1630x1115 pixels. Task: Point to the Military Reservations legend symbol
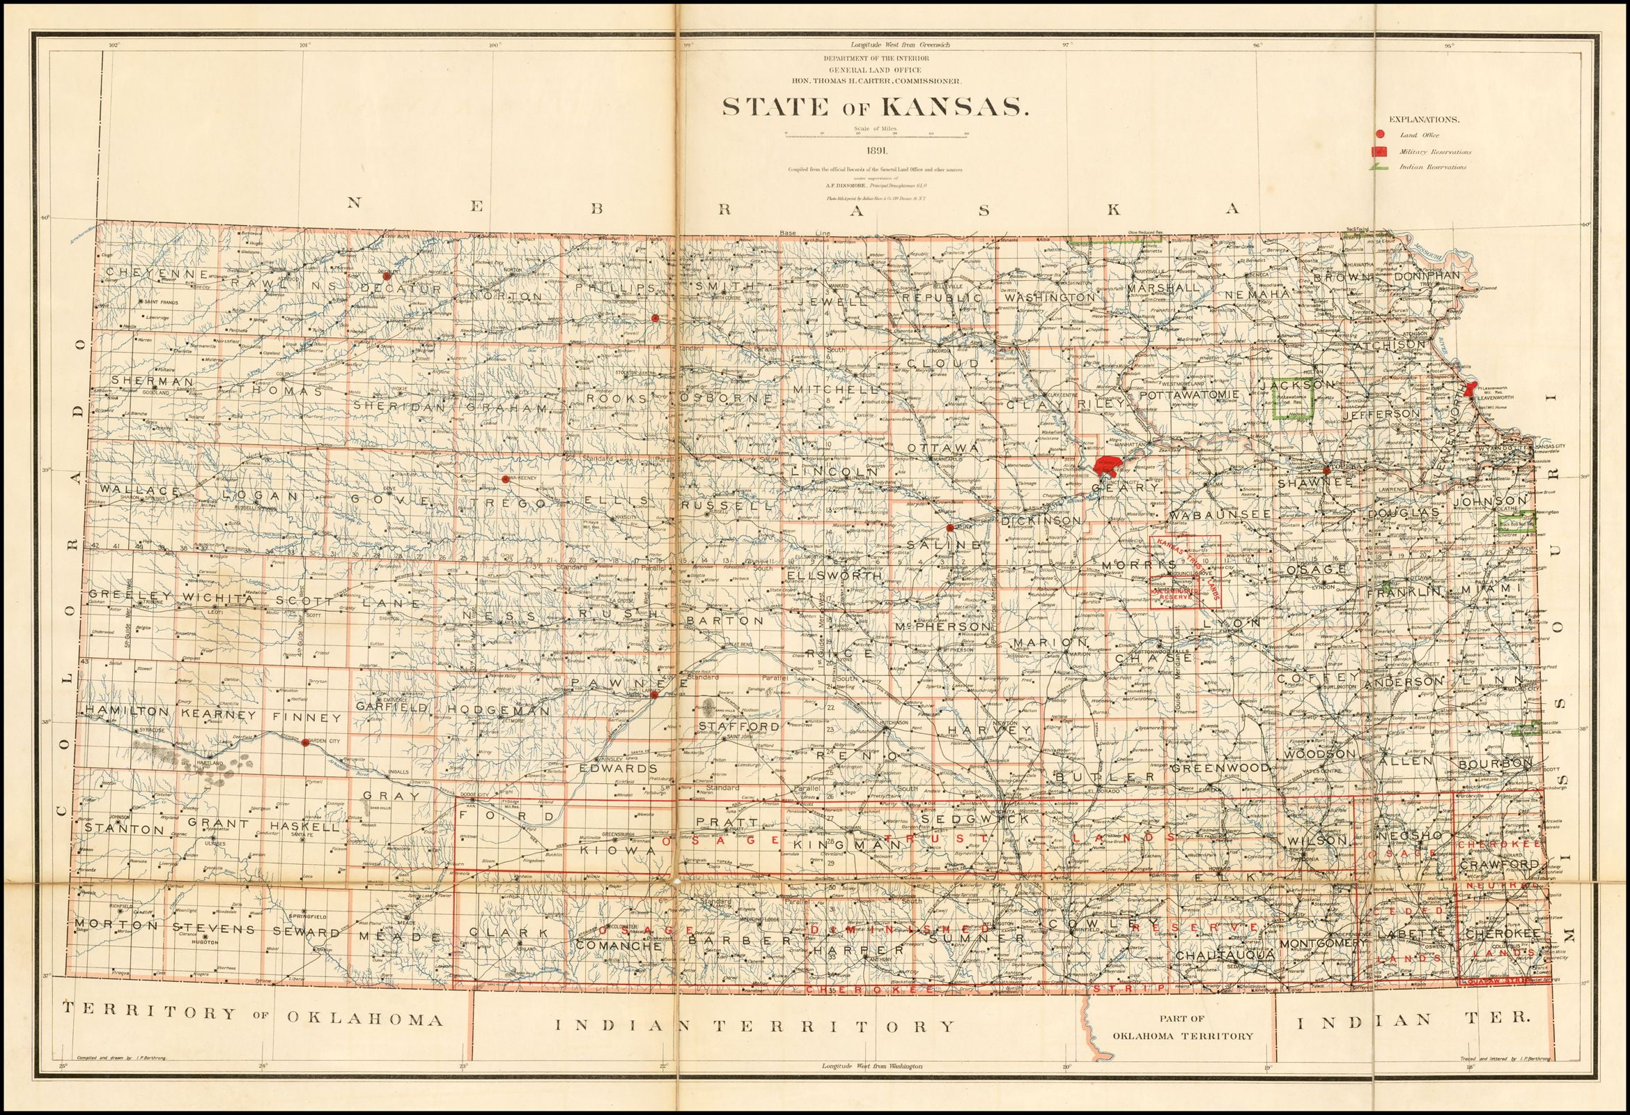(x=1381, y=151)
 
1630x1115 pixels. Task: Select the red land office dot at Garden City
(x=304, y=741)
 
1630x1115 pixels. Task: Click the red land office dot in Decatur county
(x=385, y=276)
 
